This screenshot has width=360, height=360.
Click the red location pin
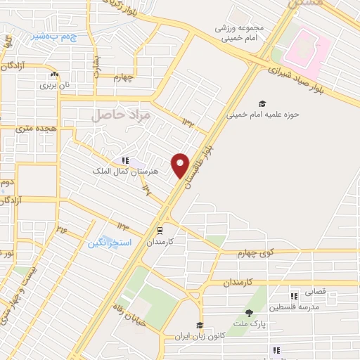click(181, 165)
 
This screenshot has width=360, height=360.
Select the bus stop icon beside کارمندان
click(160, 229)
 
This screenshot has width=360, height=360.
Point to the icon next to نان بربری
click(54, 75)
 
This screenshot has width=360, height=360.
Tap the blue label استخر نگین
click(106, 243)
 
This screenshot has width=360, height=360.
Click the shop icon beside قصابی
click(294, 295)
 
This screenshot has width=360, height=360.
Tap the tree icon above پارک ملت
click(249, 314)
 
